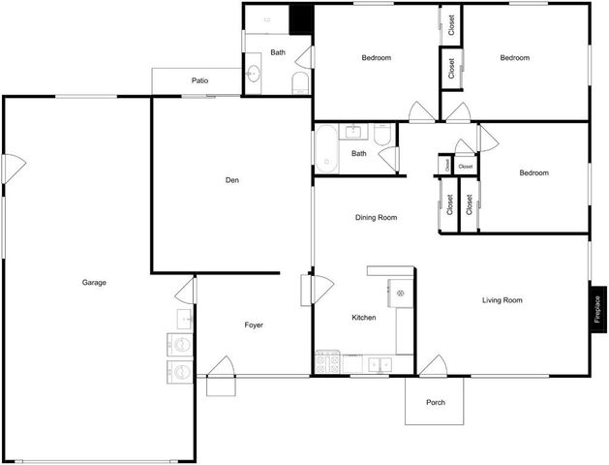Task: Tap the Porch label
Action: click(436, 402)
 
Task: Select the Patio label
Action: click(199, 81)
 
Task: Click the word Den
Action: click(232, 179)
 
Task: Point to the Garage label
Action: click(94, 283)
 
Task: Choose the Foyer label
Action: click(254, 325)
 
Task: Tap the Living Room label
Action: click(502, 300)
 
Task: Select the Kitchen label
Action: click(363, 318)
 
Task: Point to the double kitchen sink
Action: click(377, 364)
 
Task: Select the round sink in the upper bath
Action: click(254, 75)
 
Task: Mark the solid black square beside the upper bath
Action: click(302, 16)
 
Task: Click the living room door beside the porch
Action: click(432, 365)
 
